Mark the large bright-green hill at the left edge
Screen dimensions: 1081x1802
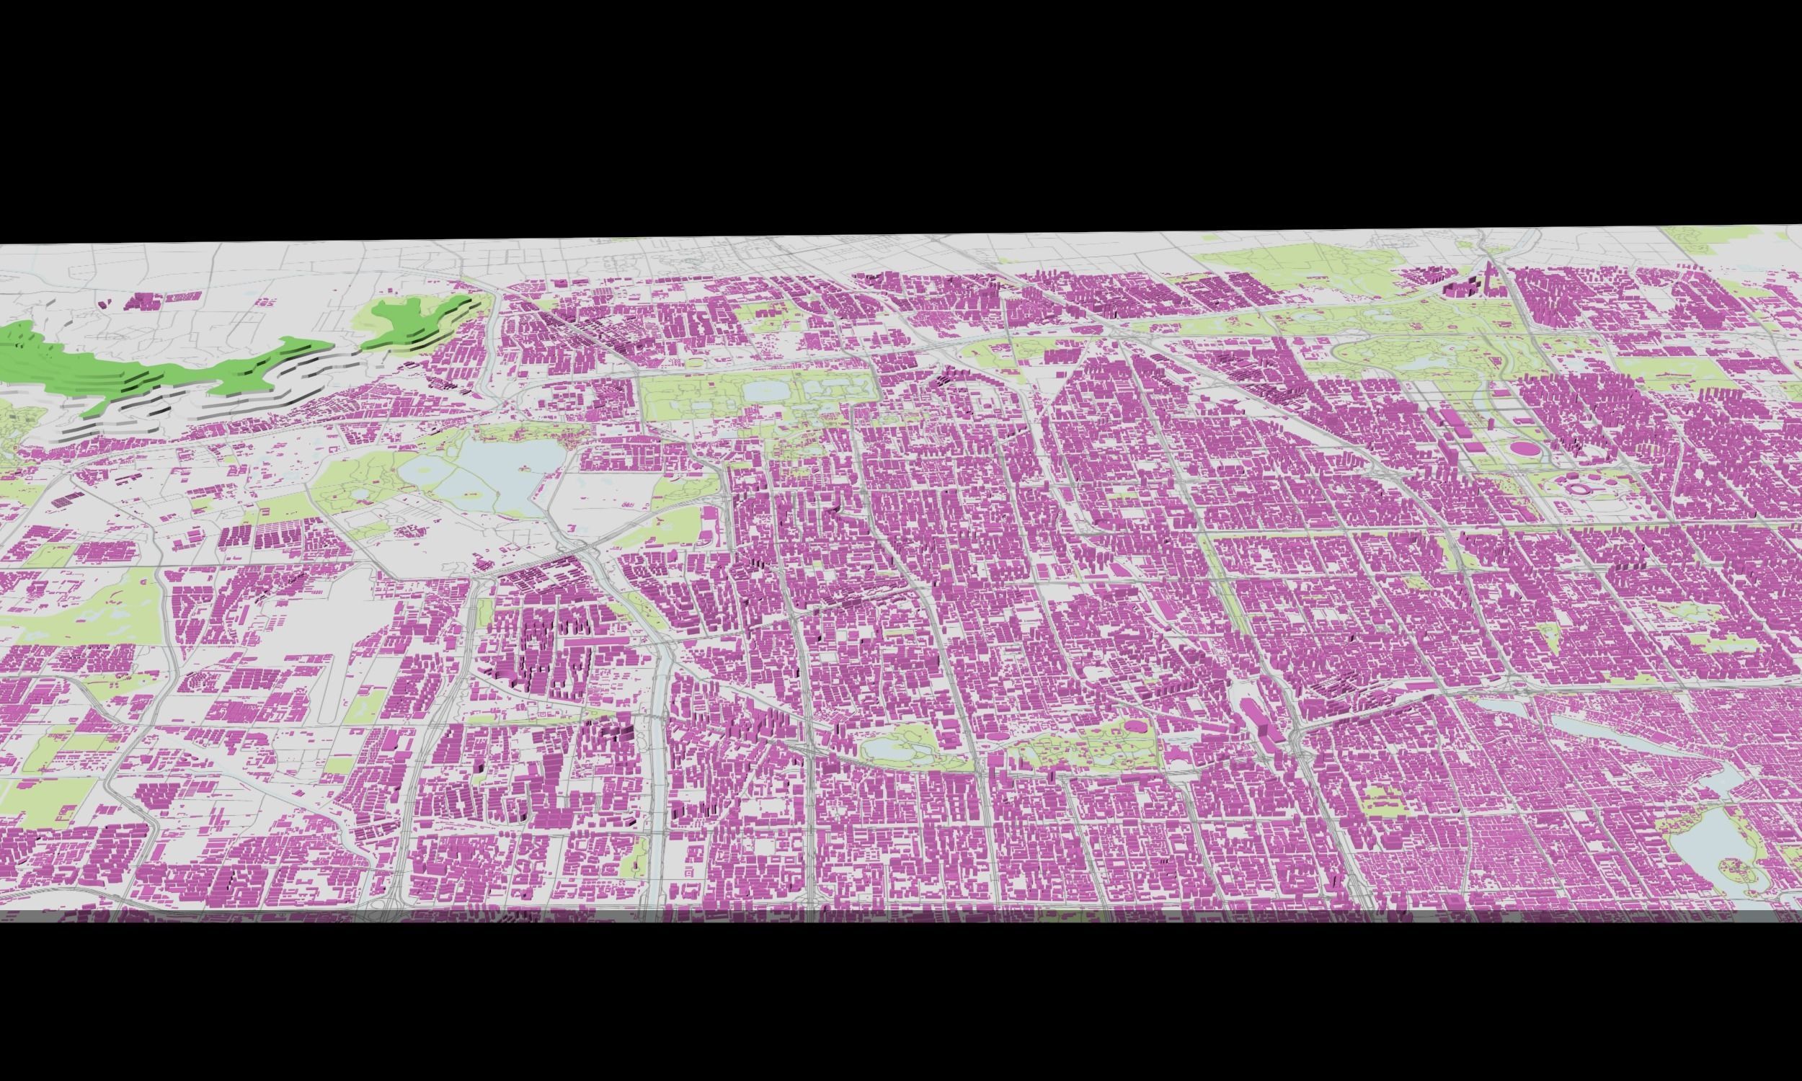[x=110, y=371]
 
